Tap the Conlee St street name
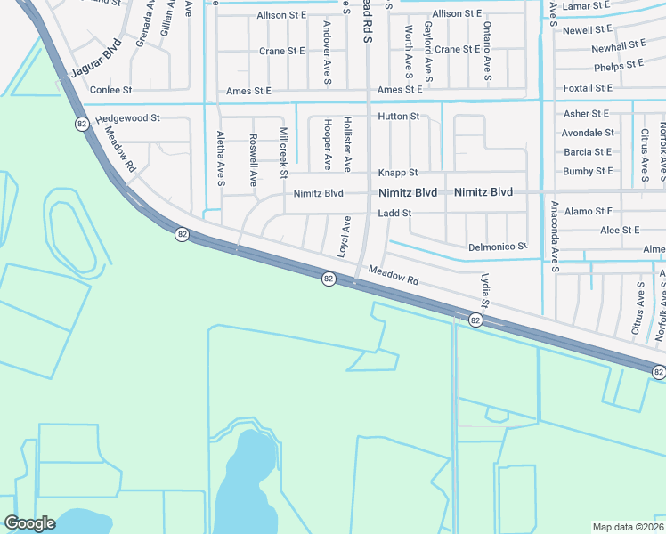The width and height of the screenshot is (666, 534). [110, 90]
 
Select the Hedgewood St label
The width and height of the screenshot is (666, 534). [127, 117]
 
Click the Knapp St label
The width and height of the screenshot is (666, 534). [398, 173]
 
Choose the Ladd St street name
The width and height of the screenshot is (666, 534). [394, 214]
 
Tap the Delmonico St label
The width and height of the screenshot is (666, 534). [498, 247]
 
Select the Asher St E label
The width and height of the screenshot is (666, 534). [586, 114]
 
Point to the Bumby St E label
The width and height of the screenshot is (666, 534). [588, 171]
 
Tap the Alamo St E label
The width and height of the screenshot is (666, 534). [588, 212]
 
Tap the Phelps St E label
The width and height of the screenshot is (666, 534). [619, 65]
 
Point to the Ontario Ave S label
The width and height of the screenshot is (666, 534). [488, 55]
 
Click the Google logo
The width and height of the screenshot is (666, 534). [30, 523]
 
